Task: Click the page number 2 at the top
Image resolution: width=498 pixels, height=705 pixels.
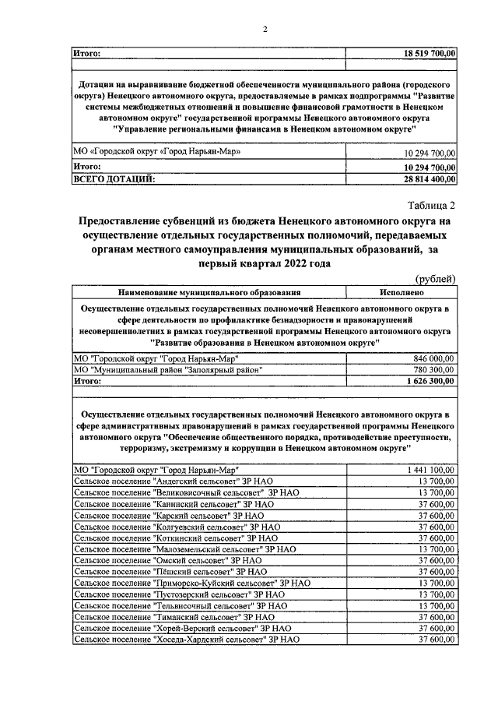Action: click(265, 30)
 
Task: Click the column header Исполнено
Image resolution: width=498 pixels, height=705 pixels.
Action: click(402, 293)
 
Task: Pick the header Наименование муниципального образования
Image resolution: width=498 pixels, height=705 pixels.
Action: click(209, 293)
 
